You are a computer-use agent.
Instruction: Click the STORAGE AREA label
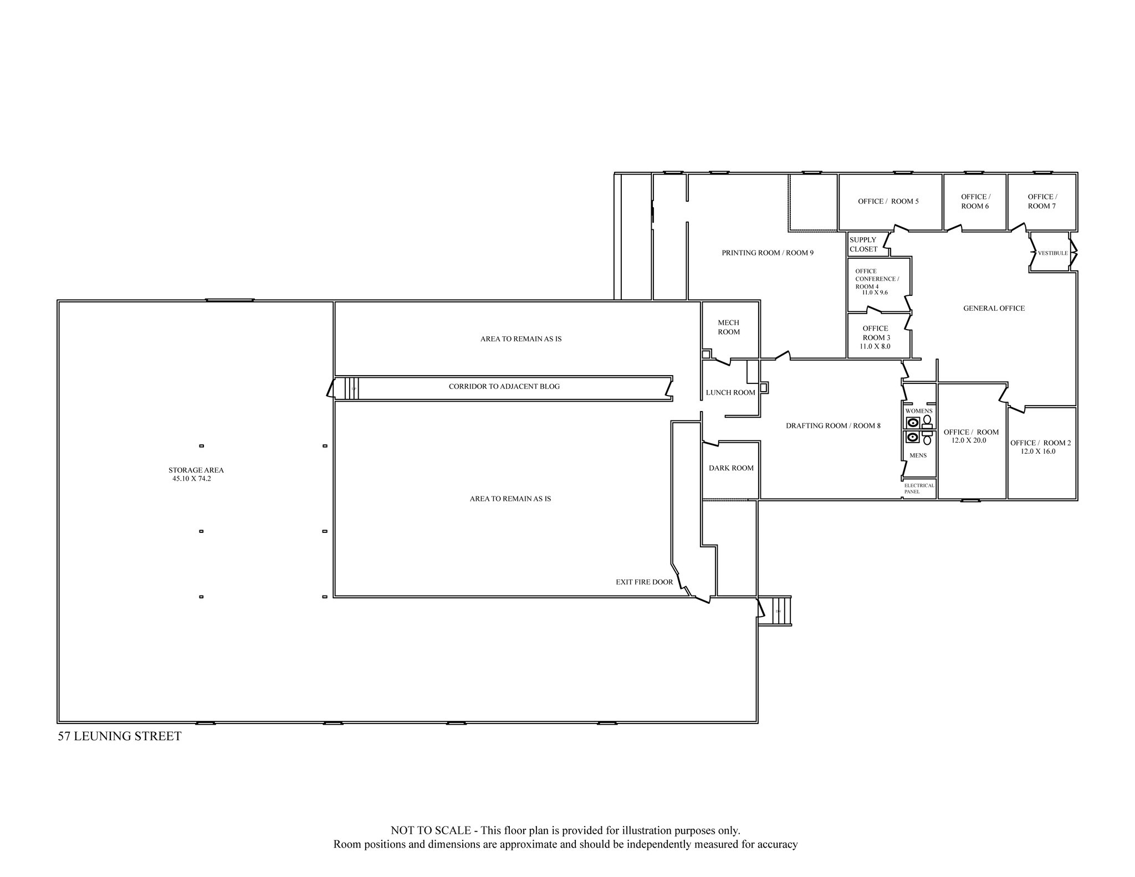[196, 470]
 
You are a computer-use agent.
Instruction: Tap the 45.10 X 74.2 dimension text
[191, 479]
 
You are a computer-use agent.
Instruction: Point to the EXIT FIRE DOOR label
[644, 582]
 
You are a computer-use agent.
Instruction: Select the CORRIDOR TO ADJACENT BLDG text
[504, 386]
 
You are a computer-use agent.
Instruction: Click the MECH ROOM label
[729, 327]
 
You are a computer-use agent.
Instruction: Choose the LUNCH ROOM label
[730, 392]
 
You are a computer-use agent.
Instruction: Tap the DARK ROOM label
[731, 468]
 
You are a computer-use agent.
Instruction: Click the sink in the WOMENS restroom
[912, 423]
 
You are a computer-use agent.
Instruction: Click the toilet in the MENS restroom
[927, 440]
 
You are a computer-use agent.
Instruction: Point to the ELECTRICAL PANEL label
[919, 488]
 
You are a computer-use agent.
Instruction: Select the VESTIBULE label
[1052, 253]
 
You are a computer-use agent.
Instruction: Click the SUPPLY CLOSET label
[863, 244]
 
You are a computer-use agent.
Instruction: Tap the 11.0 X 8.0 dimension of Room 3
[875, 346]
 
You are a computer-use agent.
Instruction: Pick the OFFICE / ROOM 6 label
[975, 201]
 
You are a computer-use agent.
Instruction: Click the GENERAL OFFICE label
[994, 308]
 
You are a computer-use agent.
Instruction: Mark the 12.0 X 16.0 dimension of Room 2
[1038, 451]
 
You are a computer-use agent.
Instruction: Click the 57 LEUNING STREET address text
[120, 736]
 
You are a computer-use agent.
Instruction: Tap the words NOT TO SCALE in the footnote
[431, 830]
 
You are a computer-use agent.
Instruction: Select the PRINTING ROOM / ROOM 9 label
[767, 253]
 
